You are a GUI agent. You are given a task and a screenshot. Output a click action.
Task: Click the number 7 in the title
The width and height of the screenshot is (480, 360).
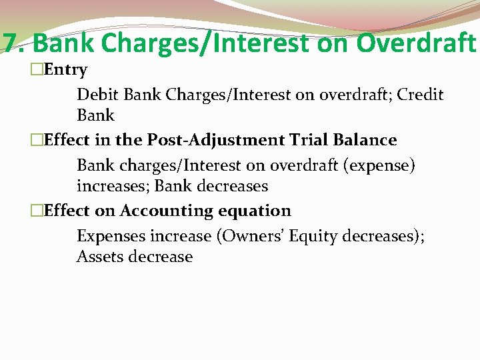10,43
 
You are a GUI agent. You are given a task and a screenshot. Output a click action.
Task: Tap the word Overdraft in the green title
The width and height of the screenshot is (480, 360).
416,43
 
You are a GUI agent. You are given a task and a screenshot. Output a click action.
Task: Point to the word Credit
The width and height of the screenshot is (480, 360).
420,94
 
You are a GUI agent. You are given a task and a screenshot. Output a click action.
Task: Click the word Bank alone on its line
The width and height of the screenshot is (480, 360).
96,115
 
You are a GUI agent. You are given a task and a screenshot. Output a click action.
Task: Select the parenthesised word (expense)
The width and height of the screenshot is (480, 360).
379,165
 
